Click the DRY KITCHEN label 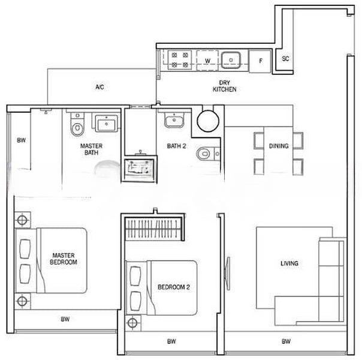[224, 86]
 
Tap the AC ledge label [99, 87]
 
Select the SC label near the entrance [285, 59]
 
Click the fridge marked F [260, 61]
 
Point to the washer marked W [207, 61]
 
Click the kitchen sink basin [231, 60]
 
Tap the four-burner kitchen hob [180, 59]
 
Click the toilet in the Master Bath [77, 124]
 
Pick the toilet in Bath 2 [208, 154]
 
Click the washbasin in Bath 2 [174, 120]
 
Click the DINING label [279, 146]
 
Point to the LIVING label [289, 263]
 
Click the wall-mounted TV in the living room [228, 274]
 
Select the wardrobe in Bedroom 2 [154, 229]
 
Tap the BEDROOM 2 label [174, 287]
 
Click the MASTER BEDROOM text [64, 259]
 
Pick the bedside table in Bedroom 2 [132, 323]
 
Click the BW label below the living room [286, 341]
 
